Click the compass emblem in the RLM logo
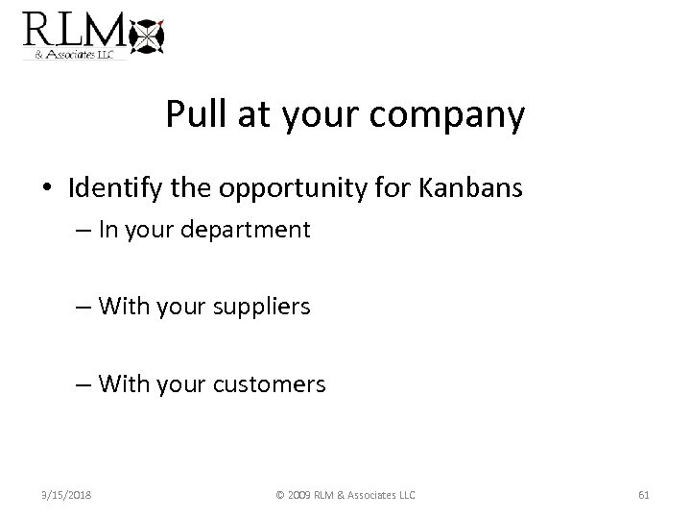(147, 37)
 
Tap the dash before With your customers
(83, 385)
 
